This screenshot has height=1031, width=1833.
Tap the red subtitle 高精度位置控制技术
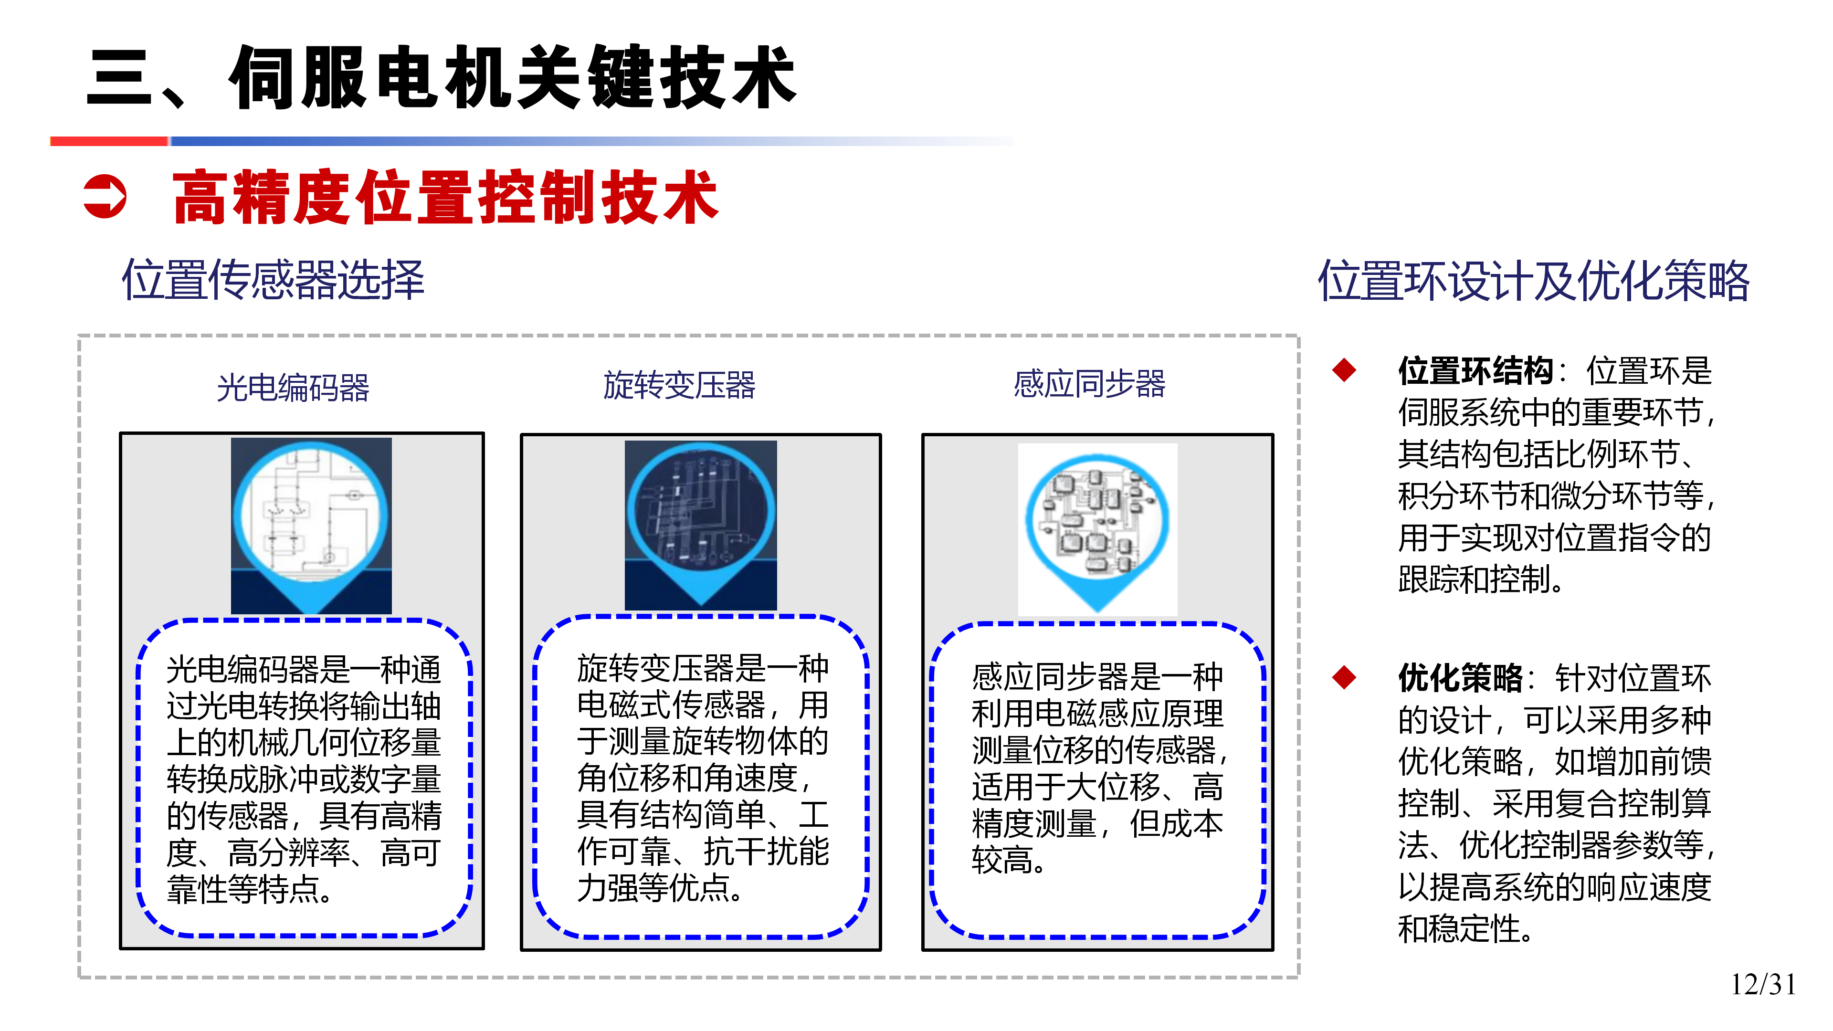coord(445,197)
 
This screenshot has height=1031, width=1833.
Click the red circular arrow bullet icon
coord(105,196)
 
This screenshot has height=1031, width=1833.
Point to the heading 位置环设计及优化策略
coord(1533,280)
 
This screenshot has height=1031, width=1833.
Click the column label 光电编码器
coord(293,388)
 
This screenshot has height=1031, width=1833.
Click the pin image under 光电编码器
coord(311,525)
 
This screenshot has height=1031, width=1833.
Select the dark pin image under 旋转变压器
coord(701,525)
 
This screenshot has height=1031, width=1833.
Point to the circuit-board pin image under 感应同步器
coord(1097,529)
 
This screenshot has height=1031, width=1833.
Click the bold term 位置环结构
coord(1476,371)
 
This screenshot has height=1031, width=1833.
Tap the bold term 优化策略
coord(1460,678)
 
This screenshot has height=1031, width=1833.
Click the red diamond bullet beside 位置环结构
coord(1344,370)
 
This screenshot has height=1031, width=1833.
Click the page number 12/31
coord(1763,985)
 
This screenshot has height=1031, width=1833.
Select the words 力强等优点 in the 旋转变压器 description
coord(653,888)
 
